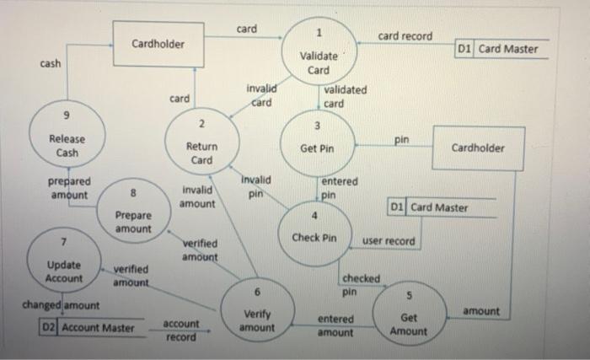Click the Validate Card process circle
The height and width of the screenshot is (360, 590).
319,53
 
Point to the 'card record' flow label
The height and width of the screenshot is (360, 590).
405,36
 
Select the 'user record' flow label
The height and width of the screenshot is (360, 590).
389,241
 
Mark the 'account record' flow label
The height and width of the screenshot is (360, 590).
180,330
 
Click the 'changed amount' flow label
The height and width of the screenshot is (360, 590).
56,304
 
